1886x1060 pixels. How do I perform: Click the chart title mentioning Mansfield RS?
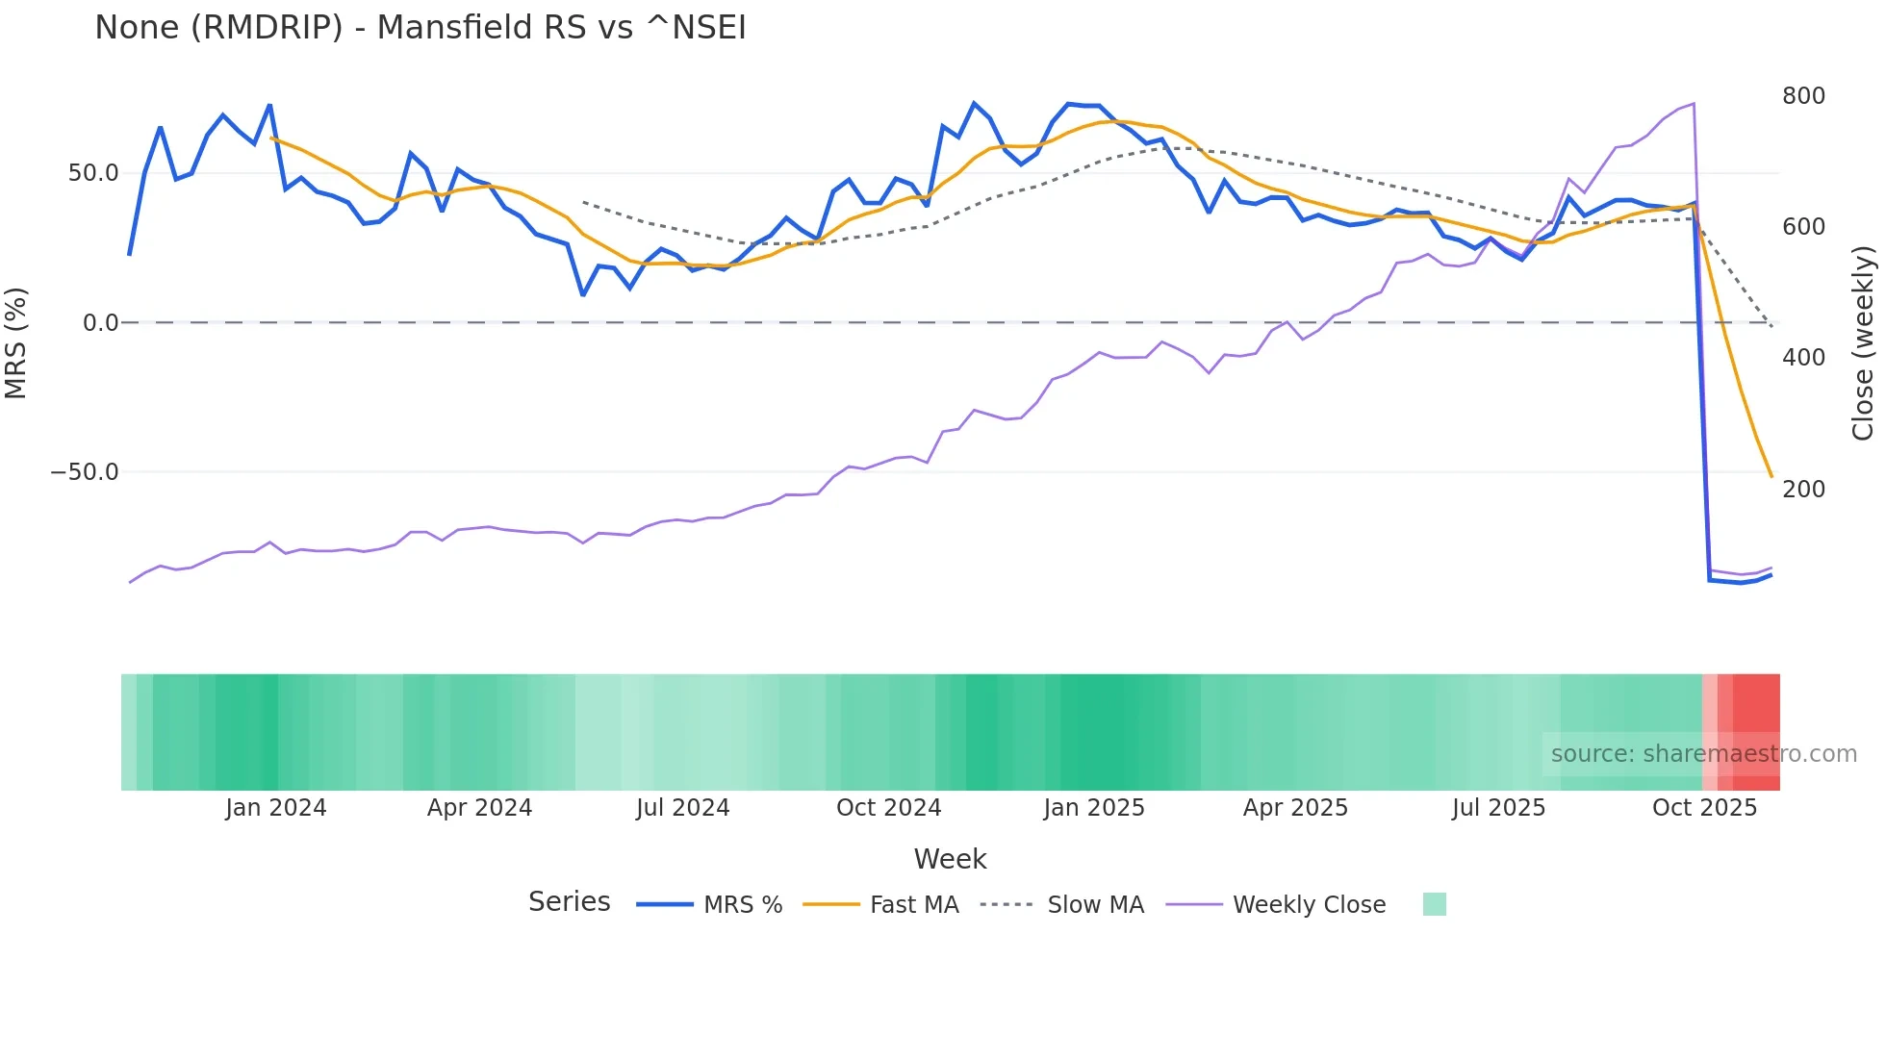[x=421, y=28]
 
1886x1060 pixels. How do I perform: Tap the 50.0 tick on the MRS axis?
[x=93, y=173]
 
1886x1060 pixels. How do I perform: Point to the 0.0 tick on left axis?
[x=100, y=323]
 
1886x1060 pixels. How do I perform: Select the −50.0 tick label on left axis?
[x=85, y=472]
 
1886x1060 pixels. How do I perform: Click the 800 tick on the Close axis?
[x=1803, y=96]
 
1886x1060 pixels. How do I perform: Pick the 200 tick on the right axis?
[x=1803, y=490]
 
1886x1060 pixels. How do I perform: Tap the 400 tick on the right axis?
[x=1803, y=358]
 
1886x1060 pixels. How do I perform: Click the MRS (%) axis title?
[x=16, y=342]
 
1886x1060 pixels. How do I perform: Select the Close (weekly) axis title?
[x=1863, y=342]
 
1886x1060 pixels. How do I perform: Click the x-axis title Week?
[x=950, y=859]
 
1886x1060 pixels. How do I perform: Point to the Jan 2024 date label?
[x=276, y=808]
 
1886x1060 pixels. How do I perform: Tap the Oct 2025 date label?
[x=1704, y=808]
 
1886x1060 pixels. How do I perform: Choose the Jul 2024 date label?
[x=683, y=808]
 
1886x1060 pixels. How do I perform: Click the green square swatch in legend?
[x=1434, y=904]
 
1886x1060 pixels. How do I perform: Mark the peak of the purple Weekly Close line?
[x=1694, y=104]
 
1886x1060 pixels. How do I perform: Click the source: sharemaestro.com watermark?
[x=1703, y=754]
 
